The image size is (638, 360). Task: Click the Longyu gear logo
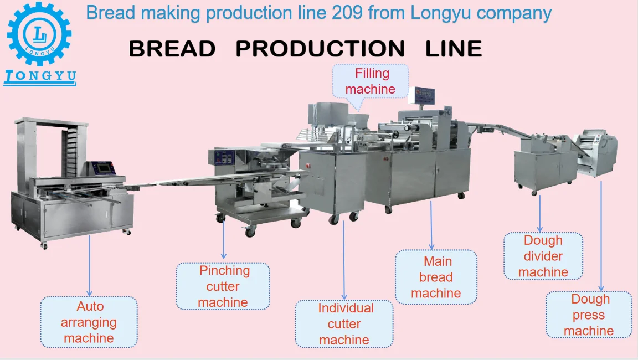(x=39, y=34)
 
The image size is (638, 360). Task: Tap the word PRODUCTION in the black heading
(x=320, y=49)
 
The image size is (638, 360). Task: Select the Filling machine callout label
(x=371, y=81)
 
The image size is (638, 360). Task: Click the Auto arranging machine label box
(x=89, y=322)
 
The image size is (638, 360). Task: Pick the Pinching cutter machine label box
(x=223, y=286)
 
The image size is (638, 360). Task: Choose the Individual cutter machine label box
(x=344, y=324)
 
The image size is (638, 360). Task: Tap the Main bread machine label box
(x=436, y=277)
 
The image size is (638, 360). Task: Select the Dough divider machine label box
(x=543, y=256)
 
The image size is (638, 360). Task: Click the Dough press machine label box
(x=589, y=315)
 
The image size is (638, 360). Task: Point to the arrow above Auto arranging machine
(x=90, y=266)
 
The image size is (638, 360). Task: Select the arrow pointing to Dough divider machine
(x=541, y=213)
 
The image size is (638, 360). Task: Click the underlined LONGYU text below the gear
(x=40, y=76)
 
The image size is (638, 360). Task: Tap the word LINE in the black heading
(x=454, y=49)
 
